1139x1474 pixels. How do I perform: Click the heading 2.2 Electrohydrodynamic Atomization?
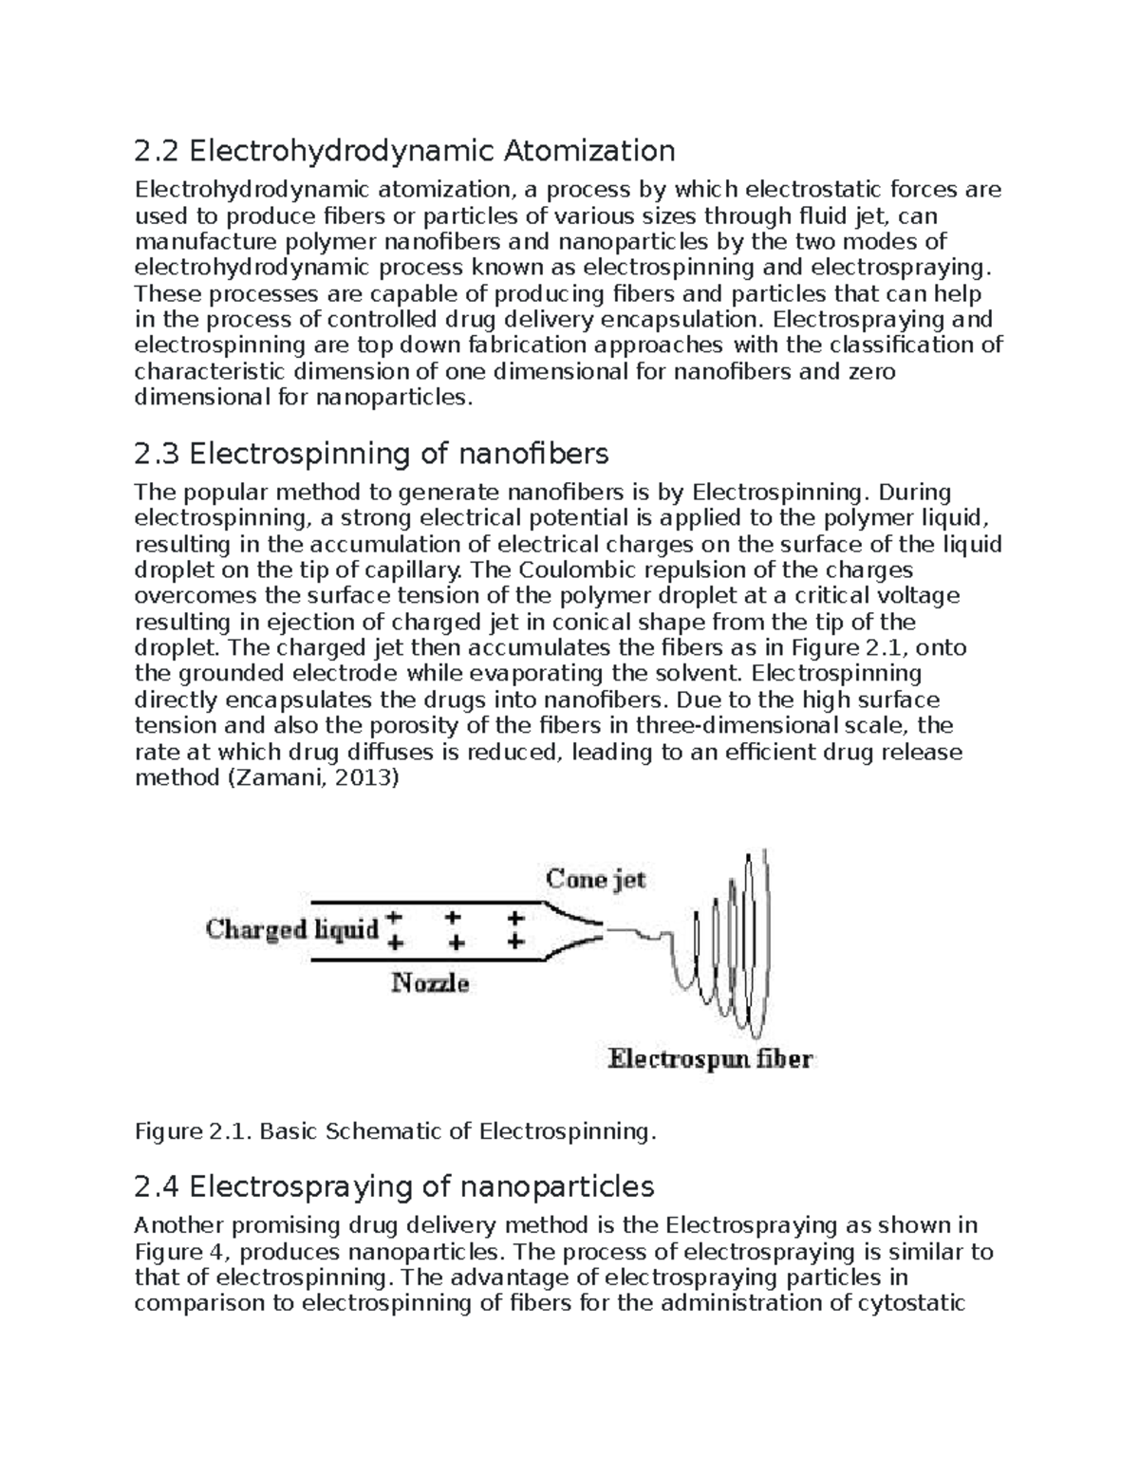coord(404,151)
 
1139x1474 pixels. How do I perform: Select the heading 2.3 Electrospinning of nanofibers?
coord(371,454)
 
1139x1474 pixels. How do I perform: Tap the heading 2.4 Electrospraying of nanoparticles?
coord(394,1186)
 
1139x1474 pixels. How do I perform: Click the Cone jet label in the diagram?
coord(595,879)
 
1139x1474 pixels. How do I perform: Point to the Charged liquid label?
coord(292,928)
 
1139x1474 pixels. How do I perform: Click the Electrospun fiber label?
coord(710,1058)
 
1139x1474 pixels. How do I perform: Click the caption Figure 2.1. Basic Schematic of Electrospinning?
coord(395,1131)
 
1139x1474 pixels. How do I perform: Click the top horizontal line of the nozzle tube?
coord(422,901)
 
